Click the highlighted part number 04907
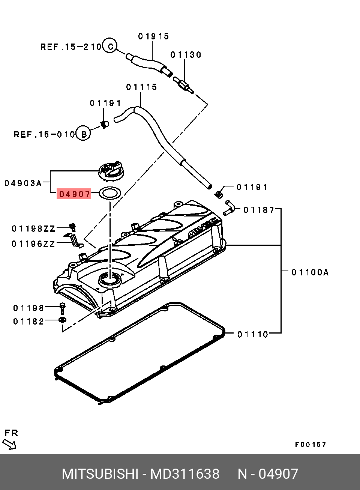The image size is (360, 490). click(74, 194)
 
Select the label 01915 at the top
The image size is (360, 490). click(153, 36)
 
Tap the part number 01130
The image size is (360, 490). click(186, 55)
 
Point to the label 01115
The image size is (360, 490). click(141, 87)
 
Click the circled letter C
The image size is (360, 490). click(110, 46)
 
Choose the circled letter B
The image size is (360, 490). click(83, 134)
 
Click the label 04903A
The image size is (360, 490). click(23, 183)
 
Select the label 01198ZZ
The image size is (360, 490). click(33, 228)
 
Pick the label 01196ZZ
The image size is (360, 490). click(33, 244)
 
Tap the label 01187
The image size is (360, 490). click(259, 210)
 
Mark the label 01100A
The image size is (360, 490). click(310, 272)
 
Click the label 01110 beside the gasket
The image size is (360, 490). click(253, 334)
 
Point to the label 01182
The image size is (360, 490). click(28, 322)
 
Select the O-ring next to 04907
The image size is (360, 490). click(110, 194)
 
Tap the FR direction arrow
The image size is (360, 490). click(10, 444)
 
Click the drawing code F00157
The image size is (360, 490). click(310, 445)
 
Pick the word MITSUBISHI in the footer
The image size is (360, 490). click(100, 474)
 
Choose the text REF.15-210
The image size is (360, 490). click(71, 47)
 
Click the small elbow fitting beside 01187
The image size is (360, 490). click(229, 208)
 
